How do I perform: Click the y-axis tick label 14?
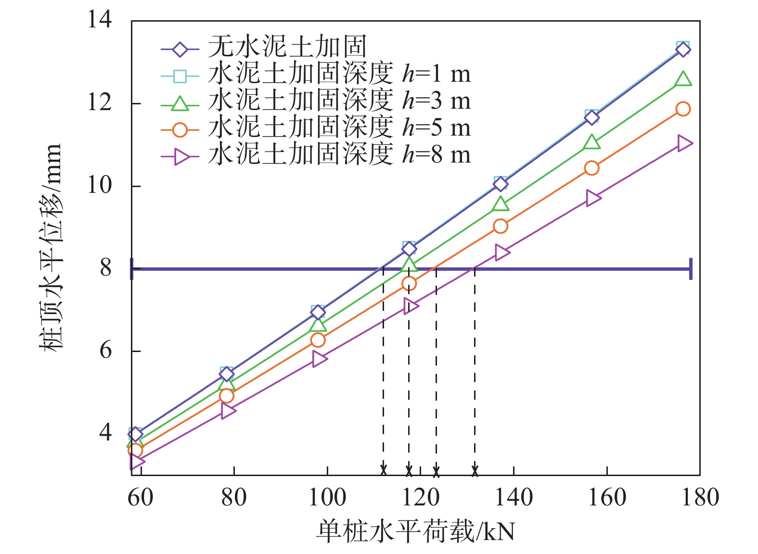point(99,20)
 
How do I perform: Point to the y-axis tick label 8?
point(105,268)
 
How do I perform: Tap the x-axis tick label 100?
point(327,497)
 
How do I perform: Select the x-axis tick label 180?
point(700,497)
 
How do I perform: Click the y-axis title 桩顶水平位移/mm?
point(51,248)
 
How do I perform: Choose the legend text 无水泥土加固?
point(287,47)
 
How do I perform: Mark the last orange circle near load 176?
point(683,109)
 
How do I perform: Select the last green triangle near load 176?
point(683,78)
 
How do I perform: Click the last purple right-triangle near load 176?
point(684,143)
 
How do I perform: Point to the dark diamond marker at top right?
point(683,50)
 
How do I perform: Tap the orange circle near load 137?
point(501,226)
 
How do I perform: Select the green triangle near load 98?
point(318,325)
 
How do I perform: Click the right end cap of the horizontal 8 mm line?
point(691,268)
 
